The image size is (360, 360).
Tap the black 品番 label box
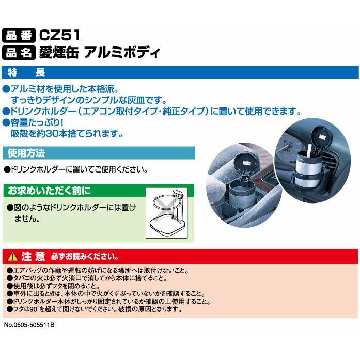[x=19, y=36]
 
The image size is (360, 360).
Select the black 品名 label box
[x=19, y=52]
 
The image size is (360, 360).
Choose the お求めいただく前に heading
[x=49, y=191]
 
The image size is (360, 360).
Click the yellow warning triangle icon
[x=13, y=257]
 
